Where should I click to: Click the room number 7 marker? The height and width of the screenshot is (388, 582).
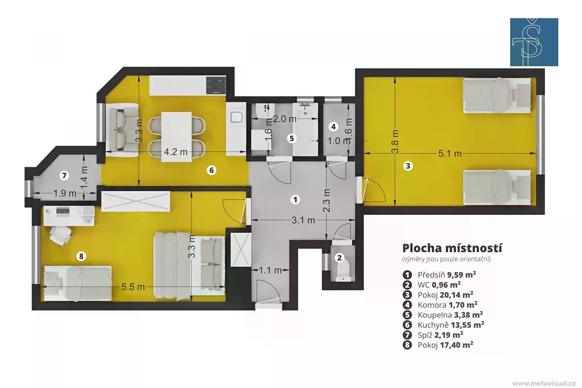coord(64,176)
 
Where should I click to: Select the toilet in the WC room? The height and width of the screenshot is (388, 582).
coord(343,271)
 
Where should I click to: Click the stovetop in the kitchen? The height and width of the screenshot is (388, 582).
coord(216,85)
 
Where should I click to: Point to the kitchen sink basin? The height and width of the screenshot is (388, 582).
coord(237,117)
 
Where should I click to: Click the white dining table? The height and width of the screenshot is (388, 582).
coord(177,137)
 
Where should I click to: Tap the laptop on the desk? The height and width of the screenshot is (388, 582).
coord(63,212)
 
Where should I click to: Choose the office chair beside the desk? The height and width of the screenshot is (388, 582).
coord(60,235)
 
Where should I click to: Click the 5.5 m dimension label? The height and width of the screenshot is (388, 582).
coord(133,287)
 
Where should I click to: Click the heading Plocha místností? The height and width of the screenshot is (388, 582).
coord(452,248)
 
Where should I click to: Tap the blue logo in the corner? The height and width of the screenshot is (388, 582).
coord(534,42)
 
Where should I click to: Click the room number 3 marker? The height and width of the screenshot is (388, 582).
coord(408,166)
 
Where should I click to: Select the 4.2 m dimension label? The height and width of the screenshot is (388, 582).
coord(176,152)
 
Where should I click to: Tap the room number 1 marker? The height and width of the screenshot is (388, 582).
coord(295,200)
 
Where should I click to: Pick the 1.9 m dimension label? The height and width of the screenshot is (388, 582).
coord(65,194)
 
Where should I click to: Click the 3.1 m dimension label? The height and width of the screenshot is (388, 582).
coord(303,220)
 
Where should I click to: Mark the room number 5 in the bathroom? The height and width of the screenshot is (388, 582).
coord(292,138)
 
